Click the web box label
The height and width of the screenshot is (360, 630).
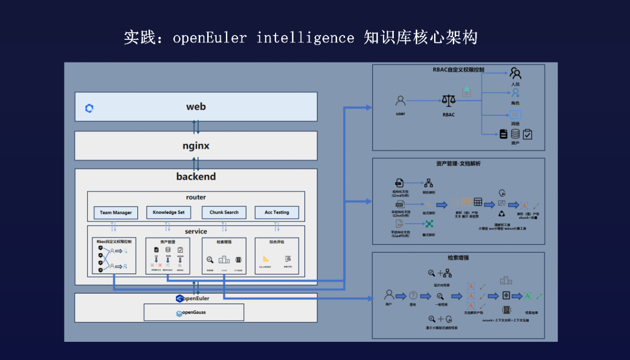196,107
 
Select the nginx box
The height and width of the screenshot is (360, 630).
196,146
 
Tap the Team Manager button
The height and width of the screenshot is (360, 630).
116,213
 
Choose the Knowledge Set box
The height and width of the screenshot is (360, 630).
168,213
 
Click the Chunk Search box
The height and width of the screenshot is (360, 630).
224,213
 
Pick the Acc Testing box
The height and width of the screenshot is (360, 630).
277,213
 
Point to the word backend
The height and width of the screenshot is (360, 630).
196,176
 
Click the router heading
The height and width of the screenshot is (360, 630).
196,197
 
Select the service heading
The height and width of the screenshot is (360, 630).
196,231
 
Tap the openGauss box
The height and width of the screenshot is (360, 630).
194,313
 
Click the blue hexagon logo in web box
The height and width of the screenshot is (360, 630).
89,108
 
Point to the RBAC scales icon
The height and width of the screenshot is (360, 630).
448,101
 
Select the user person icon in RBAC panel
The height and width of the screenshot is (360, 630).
401,101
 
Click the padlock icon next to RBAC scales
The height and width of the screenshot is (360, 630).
467,92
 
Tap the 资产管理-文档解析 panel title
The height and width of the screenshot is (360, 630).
458,164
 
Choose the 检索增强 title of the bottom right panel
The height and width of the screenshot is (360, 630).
458,258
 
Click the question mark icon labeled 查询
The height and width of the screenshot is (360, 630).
413,295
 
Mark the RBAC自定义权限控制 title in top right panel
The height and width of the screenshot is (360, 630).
458,70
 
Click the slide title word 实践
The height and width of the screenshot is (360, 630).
137,37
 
